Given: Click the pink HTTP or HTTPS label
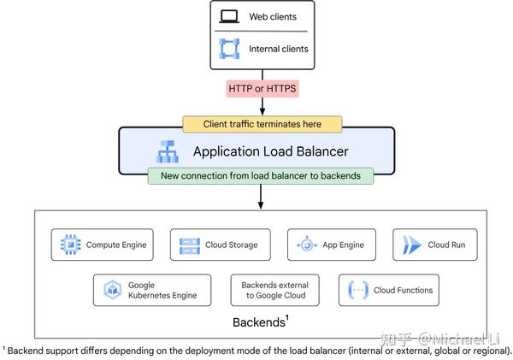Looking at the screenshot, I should [262, 88].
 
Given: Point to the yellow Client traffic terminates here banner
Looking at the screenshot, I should [262, 124].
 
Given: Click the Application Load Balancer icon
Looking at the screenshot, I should [167, 152].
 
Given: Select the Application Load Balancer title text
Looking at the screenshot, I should [270, 152].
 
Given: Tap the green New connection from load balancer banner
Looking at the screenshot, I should [262, 176].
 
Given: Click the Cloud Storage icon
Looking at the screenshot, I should [190, 245].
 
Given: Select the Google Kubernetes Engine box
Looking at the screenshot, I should [151, 290].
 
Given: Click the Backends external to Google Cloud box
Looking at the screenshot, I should [274, 290].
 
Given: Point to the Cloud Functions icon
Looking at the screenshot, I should [357, 290].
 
